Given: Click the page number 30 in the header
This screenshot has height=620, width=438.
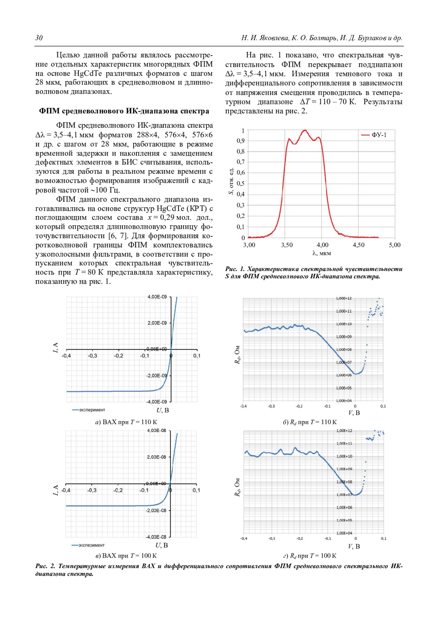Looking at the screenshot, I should click(39, 38).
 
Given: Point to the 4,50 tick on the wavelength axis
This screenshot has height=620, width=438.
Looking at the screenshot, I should click(358, 245).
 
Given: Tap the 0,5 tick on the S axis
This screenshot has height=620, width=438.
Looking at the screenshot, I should click(241, 183).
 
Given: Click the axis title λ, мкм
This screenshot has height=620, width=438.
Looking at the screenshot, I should click(322, 253).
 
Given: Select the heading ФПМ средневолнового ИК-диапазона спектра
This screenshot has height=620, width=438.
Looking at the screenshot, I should click(124, 111).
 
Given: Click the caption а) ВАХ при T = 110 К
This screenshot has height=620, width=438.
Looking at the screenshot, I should click(126, 422).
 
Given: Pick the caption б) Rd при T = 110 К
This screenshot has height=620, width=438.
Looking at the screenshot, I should click(310, 422).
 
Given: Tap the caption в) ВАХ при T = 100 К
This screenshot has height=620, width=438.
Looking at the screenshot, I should click(126, 556).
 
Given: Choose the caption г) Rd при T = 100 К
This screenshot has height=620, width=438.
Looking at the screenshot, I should click(310, 556).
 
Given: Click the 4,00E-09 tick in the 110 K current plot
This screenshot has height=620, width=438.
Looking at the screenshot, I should click(157, 297).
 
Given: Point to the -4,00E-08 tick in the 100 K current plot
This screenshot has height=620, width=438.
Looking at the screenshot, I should click(156, 537).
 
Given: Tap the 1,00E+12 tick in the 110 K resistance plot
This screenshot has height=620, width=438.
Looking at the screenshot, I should click(343, 298).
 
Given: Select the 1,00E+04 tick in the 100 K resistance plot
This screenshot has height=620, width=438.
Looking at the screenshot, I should click(344, 533).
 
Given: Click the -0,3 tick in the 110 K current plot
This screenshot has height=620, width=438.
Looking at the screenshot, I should click(92, 356).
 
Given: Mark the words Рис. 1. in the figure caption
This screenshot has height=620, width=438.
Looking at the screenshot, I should click(235, 269).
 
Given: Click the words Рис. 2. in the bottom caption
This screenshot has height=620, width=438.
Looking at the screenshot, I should click(45, 566).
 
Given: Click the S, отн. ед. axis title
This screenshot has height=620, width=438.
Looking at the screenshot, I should click(231, 181).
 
